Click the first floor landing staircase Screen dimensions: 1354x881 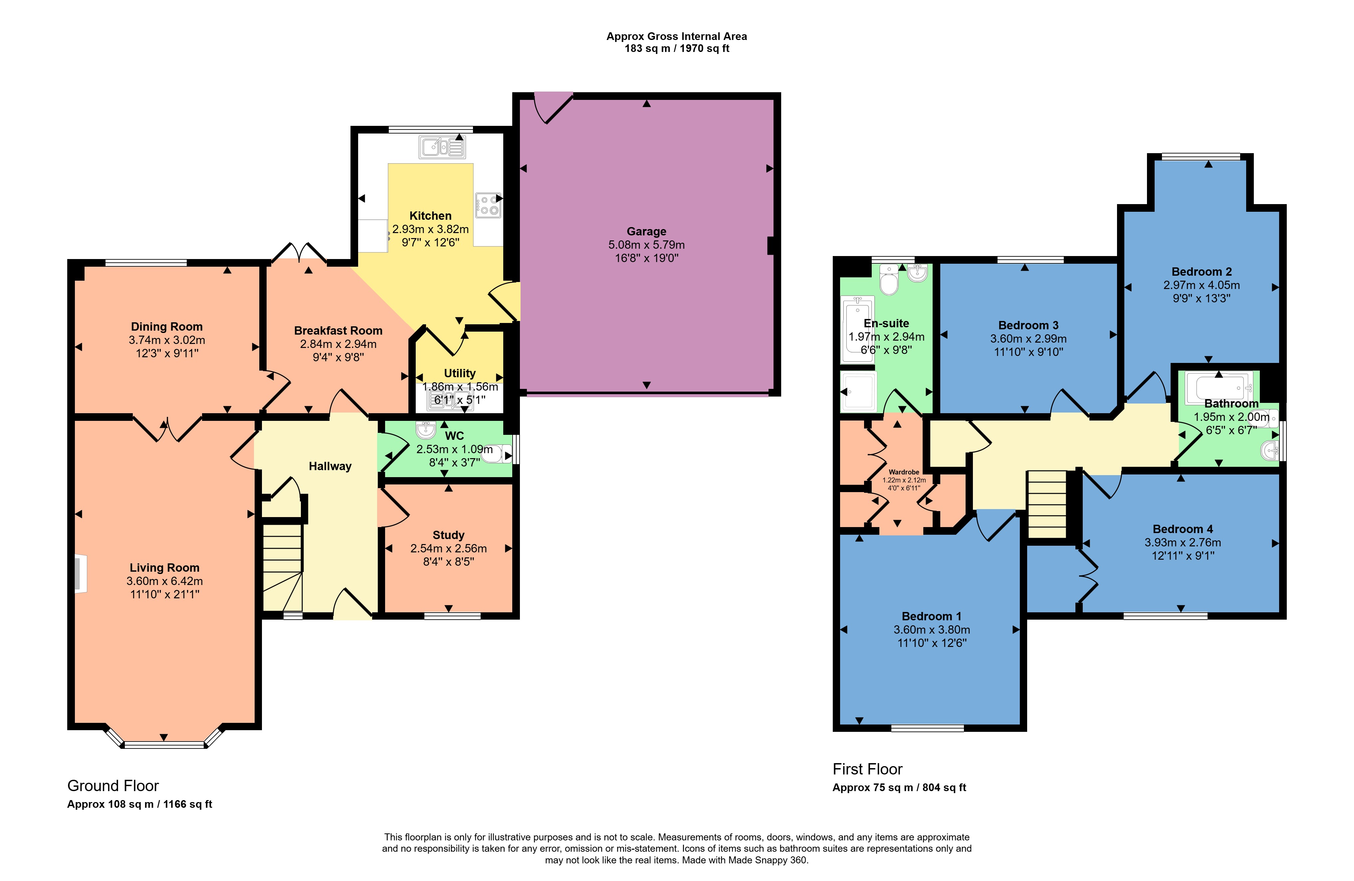(x=1047, y=504)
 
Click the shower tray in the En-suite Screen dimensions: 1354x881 (x=858, y=391)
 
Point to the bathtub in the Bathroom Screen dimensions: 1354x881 (x=1219, y=387)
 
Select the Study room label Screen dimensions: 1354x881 (x=448, y=535)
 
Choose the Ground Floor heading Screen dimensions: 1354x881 (x=113, y=786)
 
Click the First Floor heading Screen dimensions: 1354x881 (x=868, y=769)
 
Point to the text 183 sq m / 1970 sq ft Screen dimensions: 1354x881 (x=677, y=48)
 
